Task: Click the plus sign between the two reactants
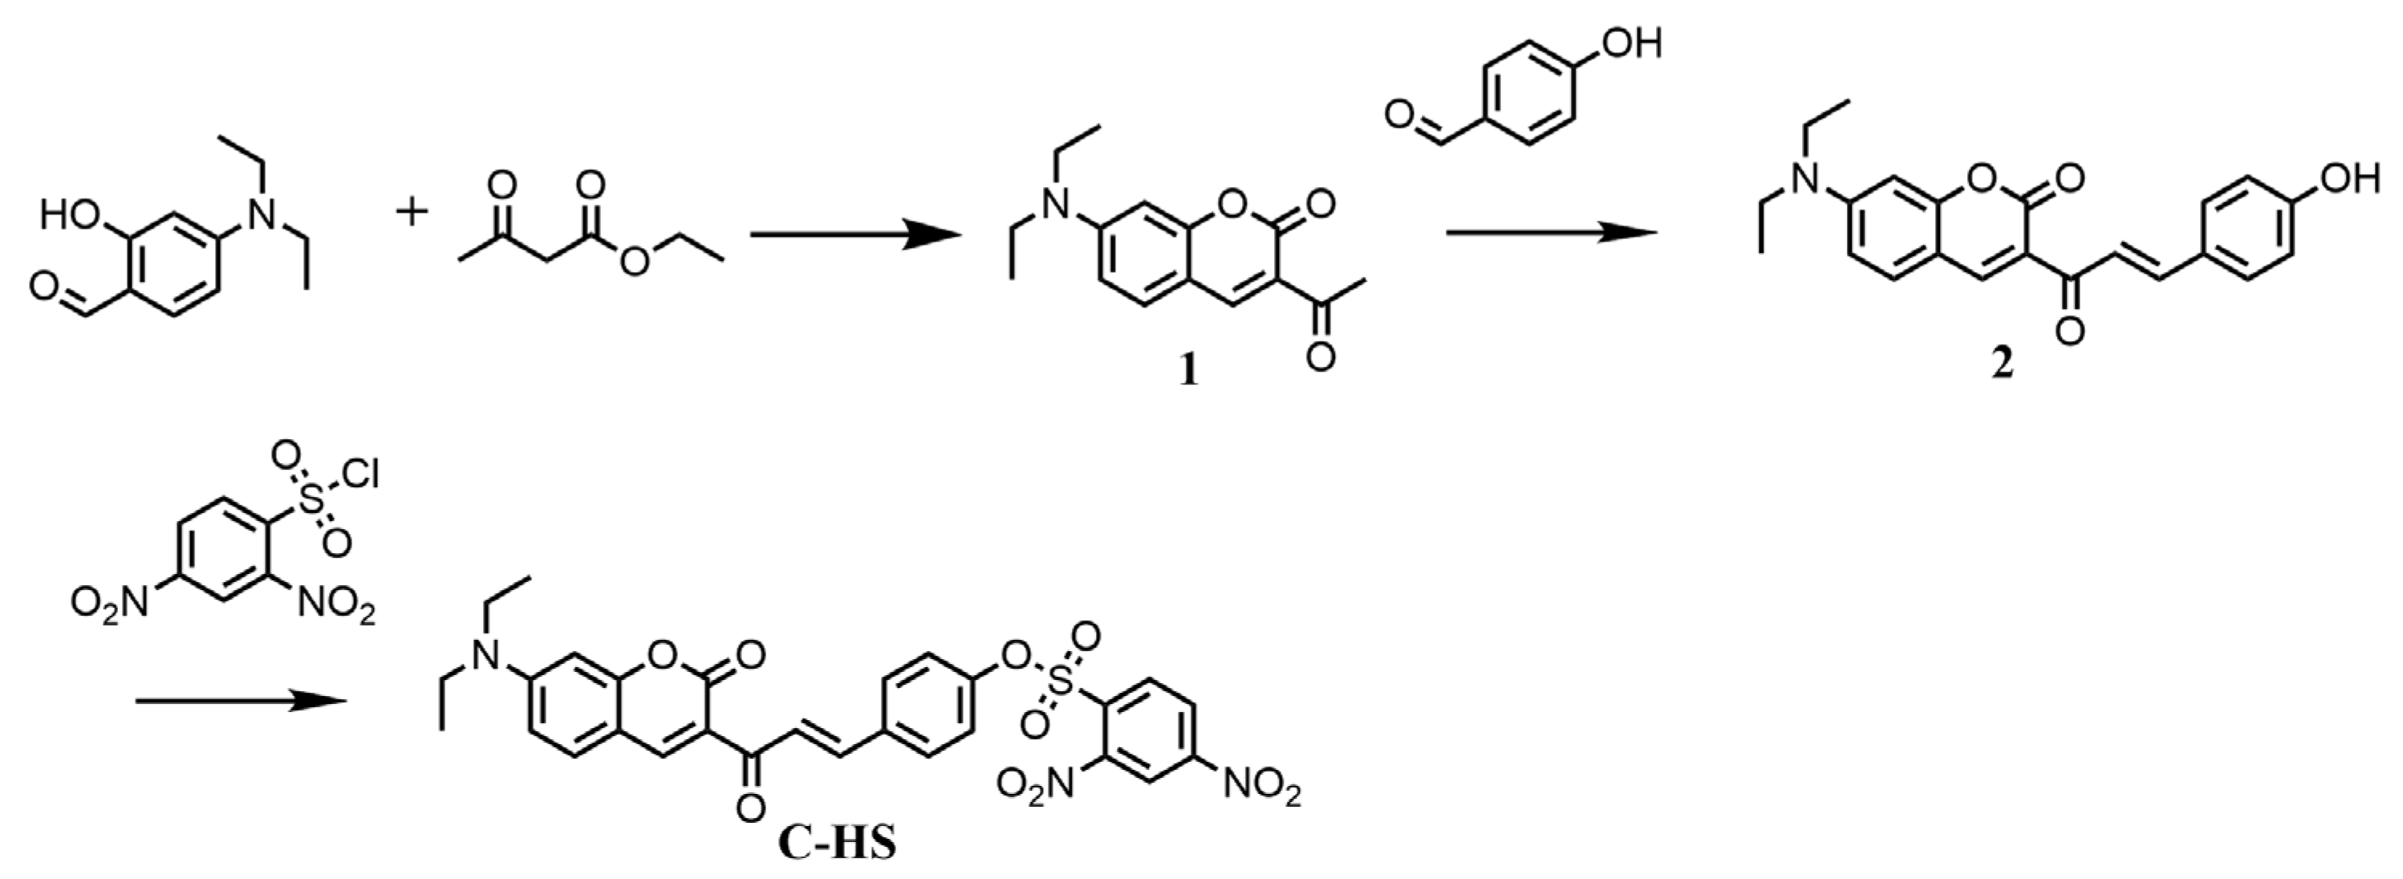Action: click(x=412, y=214)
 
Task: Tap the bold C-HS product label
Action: click(x=836, y=844)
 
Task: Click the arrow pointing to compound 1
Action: click(x=855, y=235)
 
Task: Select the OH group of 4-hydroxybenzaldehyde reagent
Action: click(x=1633, y=43)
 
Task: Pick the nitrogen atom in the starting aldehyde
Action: click(x=266, y=217)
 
